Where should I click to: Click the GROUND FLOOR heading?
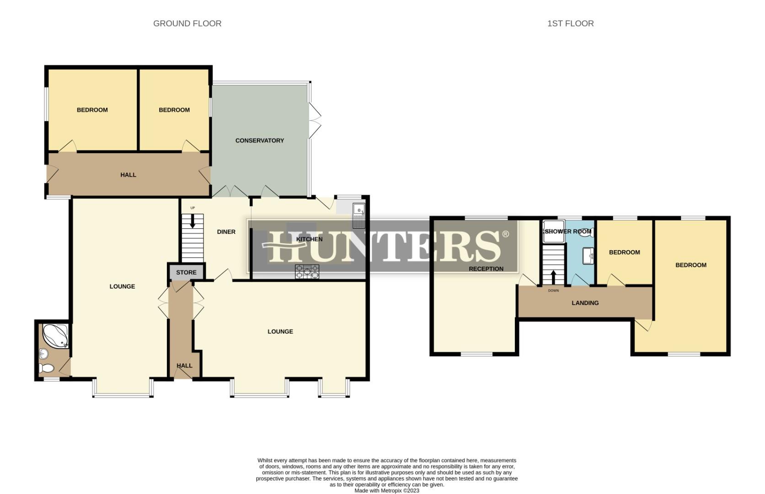pos(187,23)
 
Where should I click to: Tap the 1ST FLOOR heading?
pos(570,23)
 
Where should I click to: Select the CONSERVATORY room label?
pos(260,140)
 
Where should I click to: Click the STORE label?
pos(186,272)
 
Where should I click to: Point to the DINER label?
pos(226,232)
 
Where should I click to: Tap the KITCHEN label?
pos(310,239)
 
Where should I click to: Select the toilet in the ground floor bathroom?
pos(46,368)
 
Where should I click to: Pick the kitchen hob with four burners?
pos(307,272)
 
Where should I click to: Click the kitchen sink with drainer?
pos(359,216)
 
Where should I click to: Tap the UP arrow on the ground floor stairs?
pos(193,221)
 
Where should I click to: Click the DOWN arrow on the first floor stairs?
pos(553,277)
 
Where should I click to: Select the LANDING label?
pos(585,303)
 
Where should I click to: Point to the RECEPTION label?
pos(486,269)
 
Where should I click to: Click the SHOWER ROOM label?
pos(568,231)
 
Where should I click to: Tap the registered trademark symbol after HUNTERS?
pos(505,234)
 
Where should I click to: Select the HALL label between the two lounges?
pos(184,365)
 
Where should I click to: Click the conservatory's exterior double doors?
pos(314,120)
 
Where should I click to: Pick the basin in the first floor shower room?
pos(588,256)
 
